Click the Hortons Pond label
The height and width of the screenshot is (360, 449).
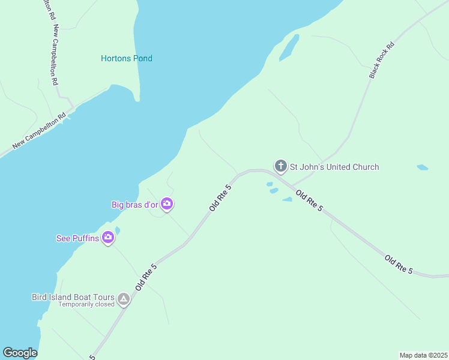point(127,59)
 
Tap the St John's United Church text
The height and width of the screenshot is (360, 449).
point(334,167)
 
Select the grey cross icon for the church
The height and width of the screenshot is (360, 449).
point(280,166)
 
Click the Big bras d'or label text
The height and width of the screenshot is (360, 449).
point(134,205)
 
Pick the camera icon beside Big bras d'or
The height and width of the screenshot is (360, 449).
point(167,205)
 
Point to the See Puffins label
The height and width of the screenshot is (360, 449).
point(77,238)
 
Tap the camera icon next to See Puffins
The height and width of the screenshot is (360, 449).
point(108,238)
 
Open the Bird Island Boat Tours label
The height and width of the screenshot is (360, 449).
point(73,296)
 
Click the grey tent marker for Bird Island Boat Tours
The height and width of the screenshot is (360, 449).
point(124,299)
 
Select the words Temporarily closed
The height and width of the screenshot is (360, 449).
point(86,304)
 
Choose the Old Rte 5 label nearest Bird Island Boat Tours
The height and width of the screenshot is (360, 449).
point(146,277)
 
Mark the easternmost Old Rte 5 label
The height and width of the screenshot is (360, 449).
point(399,265)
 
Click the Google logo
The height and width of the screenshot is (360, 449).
point(20,353)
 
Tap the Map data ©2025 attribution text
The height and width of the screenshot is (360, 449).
point(423,355)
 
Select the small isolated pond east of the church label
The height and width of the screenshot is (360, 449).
point(423,167)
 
